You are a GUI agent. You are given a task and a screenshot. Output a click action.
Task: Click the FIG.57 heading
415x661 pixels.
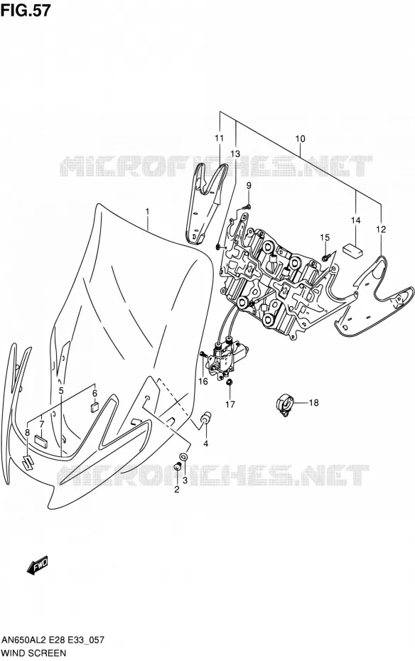pyautogui.click(x=26, y=10)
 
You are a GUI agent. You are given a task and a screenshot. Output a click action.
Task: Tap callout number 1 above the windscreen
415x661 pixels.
pyautogui.click(x=148, y=211)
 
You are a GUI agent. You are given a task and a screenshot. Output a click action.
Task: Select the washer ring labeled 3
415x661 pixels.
pyautogui.click(x=184, y=456)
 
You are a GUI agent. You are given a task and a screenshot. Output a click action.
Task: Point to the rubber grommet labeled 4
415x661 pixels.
pyautogui.click(x=206, y=419)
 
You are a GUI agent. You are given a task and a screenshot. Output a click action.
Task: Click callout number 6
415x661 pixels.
pyautogui.click(x=95, y=393)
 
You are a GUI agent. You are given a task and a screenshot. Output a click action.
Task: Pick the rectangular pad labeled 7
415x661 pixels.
pyautogui.click(x=41, y=440)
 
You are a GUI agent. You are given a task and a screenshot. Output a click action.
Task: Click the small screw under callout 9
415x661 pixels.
pyautogui.click(x=247, y=207)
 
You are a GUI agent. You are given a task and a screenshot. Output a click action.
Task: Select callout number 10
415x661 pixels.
pyautogui.click(x=300, y=139)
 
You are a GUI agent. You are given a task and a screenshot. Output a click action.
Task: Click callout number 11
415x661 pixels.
pyautogui.click(x=219, y=138)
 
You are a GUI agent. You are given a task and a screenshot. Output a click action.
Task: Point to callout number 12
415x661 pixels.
pyautogui.click(x=381, y=230)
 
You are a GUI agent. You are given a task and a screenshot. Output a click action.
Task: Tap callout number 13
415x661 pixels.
pyautogui.click(x=235, y=154)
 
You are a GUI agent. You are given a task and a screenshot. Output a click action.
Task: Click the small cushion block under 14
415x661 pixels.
pyautogui.click(x=353, y=250)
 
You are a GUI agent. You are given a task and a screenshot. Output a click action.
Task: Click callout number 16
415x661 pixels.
pyautogui.click(x=203, y=381)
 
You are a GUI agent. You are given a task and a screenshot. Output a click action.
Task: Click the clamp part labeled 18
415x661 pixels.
pyautogui.click(x=284, y=404)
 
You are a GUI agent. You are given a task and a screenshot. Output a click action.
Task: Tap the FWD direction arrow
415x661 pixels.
pyautogui.click(x=37, y=565)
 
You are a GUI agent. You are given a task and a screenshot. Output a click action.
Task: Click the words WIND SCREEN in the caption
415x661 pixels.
pyautogui.click(x=33, y=653)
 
